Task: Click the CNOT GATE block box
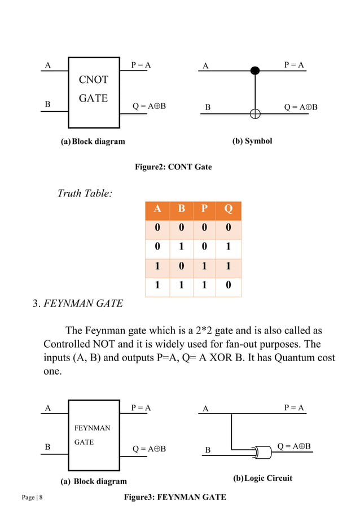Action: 94,93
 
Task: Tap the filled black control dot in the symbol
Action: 255,71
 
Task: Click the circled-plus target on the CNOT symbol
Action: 255,114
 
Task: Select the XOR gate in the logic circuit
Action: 262,452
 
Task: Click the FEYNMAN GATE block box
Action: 94,435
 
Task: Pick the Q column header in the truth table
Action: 228,210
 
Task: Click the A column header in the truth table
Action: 157,210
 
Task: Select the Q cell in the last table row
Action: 228,287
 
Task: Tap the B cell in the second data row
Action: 181,249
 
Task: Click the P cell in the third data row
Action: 204,268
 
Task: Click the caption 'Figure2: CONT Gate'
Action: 173,167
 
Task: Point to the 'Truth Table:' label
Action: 85,194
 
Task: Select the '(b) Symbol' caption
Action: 252,141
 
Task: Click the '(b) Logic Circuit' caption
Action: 262,479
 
